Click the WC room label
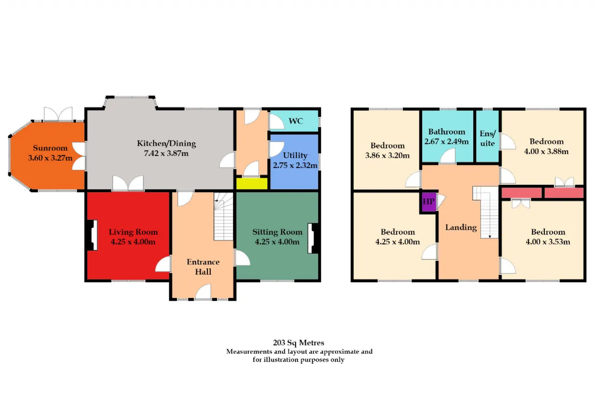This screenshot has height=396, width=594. (296, 121)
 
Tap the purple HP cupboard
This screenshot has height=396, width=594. (429, 201)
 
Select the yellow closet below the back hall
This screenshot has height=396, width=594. (252, 183)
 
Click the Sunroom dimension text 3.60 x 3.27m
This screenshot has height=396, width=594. (50, 158)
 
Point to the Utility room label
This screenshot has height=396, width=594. (295, 156)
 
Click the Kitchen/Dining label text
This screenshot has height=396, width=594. (166, 143)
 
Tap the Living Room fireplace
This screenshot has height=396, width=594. (92, 235)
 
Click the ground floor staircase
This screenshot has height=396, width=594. (224, 216)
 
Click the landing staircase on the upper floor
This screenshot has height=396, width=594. (486, 212)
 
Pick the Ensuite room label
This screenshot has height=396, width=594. (487, 138)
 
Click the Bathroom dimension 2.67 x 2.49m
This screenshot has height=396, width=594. (446, 142)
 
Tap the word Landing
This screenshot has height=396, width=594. (461, 227)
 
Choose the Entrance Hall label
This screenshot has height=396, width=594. (203, 267)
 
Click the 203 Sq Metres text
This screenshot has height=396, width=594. (298, 343)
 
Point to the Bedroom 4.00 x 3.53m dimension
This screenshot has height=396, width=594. (548, 242)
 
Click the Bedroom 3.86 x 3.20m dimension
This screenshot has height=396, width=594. (387, 156)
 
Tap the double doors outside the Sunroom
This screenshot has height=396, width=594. (58, 114)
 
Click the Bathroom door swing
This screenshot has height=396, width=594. (448, 156)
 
